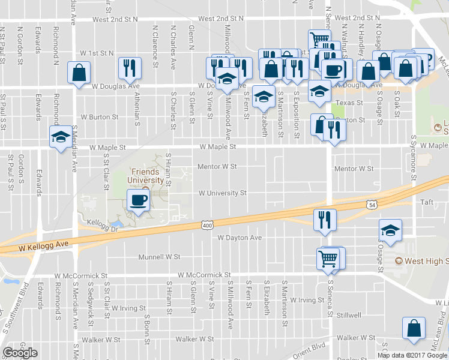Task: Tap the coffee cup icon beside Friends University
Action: pyautogui.click(x=139, y=201)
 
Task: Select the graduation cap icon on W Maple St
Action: pyautogui.click(x=60, y=137)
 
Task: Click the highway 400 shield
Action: pyautogui.click(x=207, y=225)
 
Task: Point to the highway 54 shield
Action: pyautogui.click(x=373, y=205)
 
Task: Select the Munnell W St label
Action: pyautogui.click(x=159, y=257)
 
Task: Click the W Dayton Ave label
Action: pyautogui.click(x=240, y=238)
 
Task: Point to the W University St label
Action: pyautogui.click(x=223, y=193)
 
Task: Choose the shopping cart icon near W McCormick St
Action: pyautogui.click(x=329, y=259)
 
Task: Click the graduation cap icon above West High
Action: pyautogui.click(x=390, y=231)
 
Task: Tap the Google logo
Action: pyautogui.click(x=20, y=353)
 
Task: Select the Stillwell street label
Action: pyautogui.click(x=349, y=315)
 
